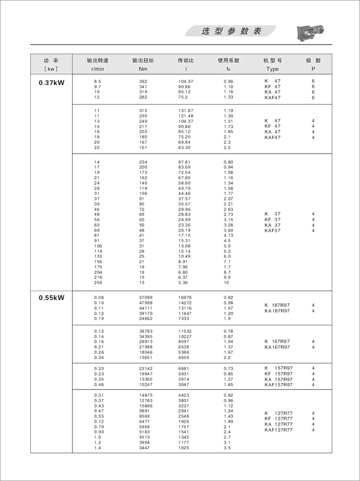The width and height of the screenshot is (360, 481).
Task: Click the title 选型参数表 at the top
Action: (231, 31)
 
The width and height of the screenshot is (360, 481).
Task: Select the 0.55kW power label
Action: (51, 298)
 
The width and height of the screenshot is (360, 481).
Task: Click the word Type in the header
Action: (272, 69)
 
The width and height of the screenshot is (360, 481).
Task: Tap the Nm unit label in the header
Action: (143, 69)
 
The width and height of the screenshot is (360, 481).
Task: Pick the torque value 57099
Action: (146, 298)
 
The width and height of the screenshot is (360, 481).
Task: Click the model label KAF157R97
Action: (278, 385)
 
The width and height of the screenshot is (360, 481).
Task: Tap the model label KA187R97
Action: (277, 311)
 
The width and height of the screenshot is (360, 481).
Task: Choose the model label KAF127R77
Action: (278, 430)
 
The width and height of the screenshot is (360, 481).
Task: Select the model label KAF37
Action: (272, 231)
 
